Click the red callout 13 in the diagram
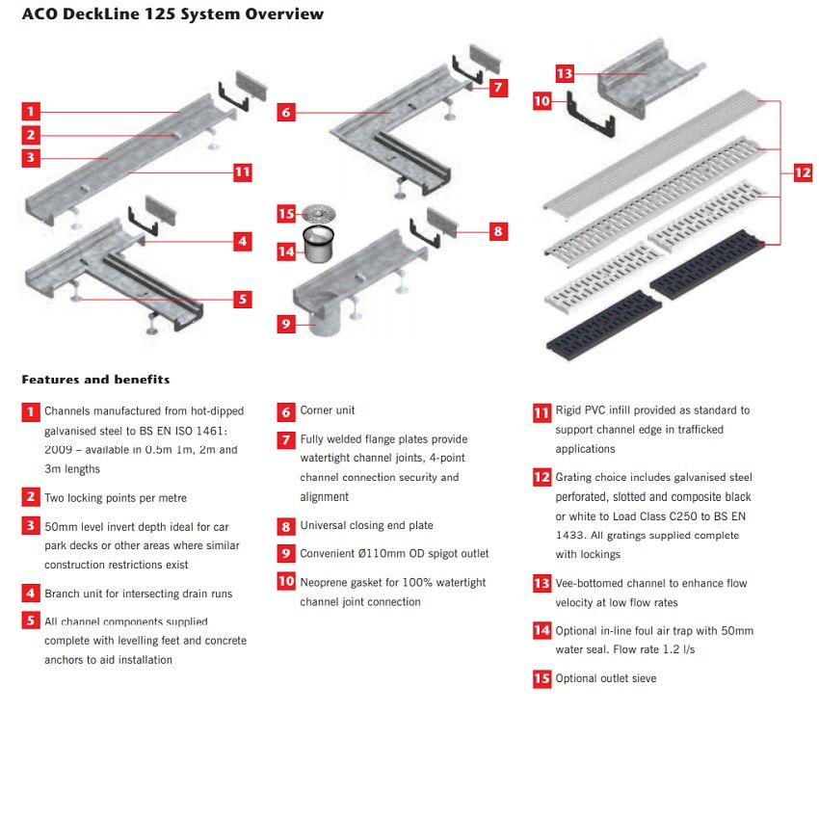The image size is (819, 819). pos(565,73)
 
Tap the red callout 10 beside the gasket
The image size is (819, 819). pos(542,100)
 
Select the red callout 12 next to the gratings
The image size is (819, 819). pos(803,173)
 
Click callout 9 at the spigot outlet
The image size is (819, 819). pos(286,324)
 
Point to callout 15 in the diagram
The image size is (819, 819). pos(286,214)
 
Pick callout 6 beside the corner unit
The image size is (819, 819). pos(286,112)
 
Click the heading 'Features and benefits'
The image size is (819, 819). pos(95,380)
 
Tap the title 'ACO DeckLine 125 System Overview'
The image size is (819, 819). pos(172,14)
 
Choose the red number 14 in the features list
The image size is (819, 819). pos(542,631)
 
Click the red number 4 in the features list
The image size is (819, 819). pos(31,594)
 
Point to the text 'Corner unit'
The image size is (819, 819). pos(328,410)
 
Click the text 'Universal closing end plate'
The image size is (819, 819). pos(366,526)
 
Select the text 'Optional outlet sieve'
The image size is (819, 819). pos(605,679)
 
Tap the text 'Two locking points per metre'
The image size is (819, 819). pos(116,498)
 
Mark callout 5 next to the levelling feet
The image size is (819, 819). pos(243,300)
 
